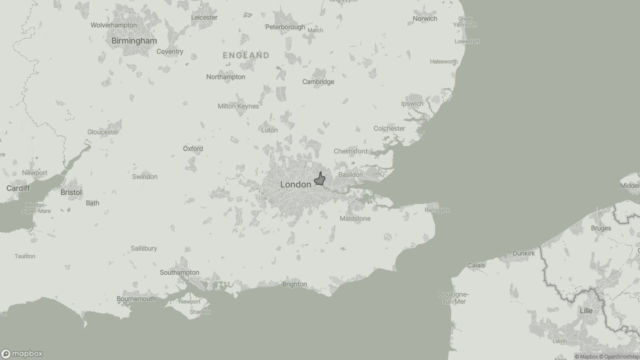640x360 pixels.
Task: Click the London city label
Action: [x=295, y=184]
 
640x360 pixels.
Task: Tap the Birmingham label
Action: [x=134, y=40]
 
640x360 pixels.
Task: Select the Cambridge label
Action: [x=318, y=81]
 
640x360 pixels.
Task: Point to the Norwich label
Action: [x=425, y=18]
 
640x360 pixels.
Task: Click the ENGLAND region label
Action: [x=246, y=55]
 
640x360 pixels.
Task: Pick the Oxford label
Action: [x=193, y=148]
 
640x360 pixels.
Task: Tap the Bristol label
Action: [x=71, y=192]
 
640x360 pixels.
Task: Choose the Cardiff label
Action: [x=18, y=188]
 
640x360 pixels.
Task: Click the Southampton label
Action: [x=179, y=272]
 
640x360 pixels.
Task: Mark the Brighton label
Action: [x=294, y=284]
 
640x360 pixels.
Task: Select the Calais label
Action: [x=476, y=265]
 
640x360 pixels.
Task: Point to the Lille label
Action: [x=586, y=310]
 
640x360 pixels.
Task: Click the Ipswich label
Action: [x=412, y=103]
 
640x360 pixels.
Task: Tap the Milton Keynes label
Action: [x=238, y=106]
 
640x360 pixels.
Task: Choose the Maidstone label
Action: [x=355, y=218]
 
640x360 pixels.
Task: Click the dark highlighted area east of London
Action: [x=320, y=180]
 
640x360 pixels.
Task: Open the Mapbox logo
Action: [x=22, y=353]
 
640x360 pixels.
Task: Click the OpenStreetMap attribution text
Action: [x=621, y=356]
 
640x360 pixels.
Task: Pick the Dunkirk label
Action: [x=523, y=253]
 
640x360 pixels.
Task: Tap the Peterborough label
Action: [x=285, y=27]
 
